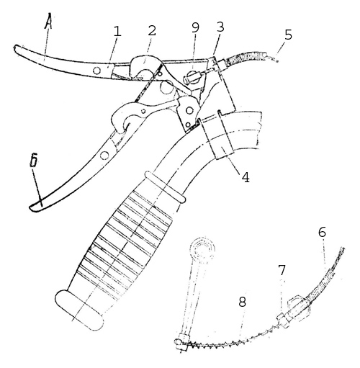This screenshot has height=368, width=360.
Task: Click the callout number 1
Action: (x=117, y=31)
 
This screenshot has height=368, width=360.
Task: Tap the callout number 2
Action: (x=152, y=30)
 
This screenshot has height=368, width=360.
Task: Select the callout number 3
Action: (x=220, y=27)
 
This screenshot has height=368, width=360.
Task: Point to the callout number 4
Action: (x=246, y=177)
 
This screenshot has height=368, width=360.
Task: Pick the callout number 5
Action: (x=288, y=35)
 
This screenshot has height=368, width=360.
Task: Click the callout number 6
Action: (x=322, y=232)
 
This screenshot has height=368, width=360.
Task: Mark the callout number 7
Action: (x=282, y=270)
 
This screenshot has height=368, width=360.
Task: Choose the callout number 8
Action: (x=243, y=302)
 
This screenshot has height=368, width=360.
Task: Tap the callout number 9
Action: (x=195, y=27)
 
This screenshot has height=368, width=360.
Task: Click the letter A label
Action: (x=49, y=22)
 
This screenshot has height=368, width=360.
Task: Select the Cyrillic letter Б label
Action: (x=34, y=160)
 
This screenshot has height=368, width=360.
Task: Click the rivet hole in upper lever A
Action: (x=97, y=71)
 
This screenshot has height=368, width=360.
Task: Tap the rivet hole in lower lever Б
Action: (x=104, y=156)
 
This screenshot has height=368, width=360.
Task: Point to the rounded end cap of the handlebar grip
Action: (x=80, y=310)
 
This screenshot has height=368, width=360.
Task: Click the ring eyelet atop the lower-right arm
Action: (x=202, y=248)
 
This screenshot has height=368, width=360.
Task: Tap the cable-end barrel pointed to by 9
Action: (x=192, y=78)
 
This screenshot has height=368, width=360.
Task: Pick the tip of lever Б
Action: (x=30, y=208)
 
